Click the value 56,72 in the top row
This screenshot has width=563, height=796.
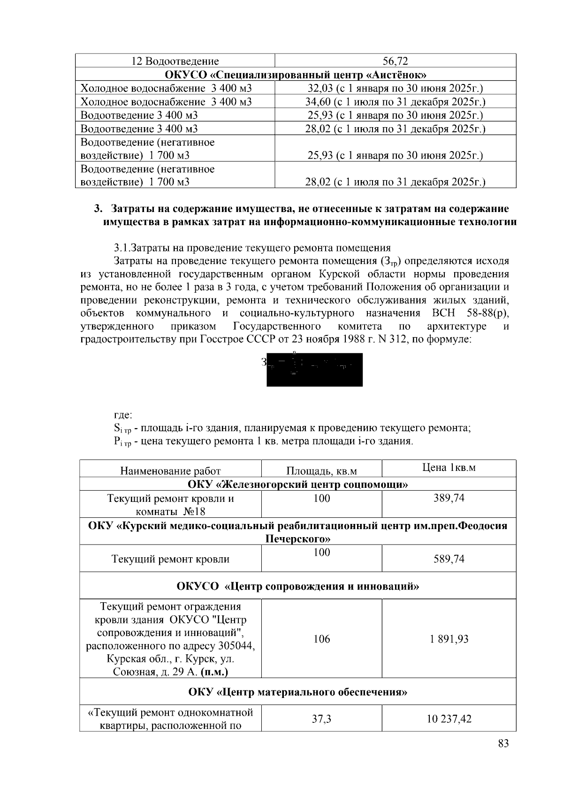[x=395, y=61]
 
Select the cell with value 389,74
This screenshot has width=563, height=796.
[x=449, y=498]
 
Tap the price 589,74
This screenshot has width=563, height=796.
[x=449, y=559]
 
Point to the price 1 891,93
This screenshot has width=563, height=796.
[x=449, y=639]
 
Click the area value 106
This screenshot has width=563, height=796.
[x=321, y=639]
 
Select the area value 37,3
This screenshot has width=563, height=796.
[x=321, y=719]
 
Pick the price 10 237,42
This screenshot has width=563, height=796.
[x=449, y=719]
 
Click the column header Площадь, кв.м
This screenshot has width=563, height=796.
[x=321, y=471]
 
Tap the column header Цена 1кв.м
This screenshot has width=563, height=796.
[x=449, y=468]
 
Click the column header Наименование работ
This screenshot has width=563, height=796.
[x=170, y=471]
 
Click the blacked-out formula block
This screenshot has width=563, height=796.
[x=314, y=370]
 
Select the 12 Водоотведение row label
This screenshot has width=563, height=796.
[x=175, y=61]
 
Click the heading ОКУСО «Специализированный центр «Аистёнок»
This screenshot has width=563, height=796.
[x=295, y=75]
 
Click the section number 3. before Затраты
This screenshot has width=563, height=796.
[x=98, y=208]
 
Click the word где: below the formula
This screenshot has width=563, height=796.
[x=123, y=415]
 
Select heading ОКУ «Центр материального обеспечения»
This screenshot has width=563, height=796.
[x=297, y=692]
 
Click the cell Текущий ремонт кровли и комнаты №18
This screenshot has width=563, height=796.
[x=170, y=505]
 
